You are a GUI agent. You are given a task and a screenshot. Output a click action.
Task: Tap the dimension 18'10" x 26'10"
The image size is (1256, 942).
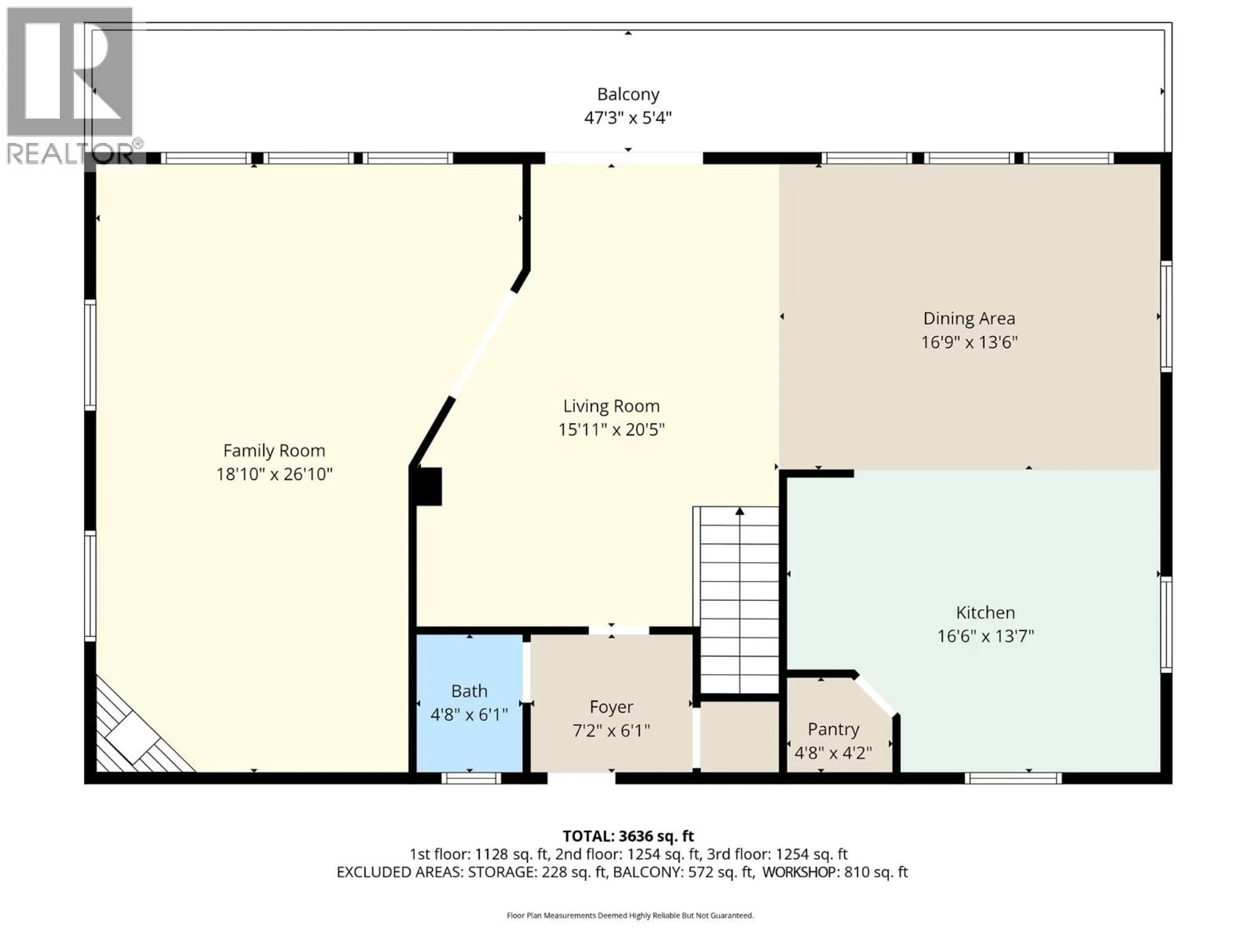tap(274, 474)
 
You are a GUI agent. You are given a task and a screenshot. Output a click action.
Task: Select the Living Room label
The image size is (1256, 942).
tap(611, 406)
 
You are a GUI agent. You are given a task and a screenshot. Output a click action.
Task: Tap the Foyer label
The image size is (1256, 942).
tap(611, 707)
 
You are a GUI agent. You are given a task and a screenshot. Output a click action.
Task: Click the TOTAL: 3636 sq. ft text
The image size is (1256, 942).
tap(628, 836)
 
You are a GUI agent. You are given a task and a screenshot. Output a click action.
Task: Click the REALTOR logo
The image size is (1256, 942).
tap(71, 85)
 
